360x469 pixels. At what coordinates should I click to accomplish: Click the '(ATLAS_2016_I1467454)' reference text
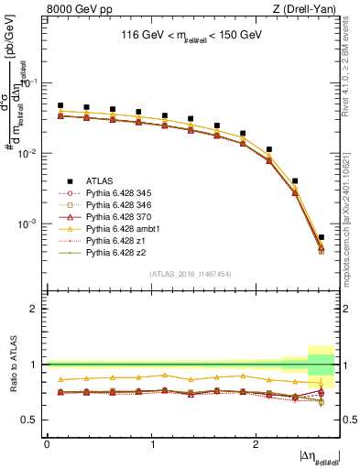tap(191, 273)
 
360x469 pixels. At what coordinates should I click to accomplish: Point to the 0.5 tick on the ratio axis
tap(34, 420)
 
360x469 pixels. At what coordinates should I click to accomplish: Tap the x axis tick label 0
tap(47, 443)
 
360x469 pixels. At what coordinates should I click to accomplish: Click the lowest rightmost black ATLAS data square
tap(321, 237)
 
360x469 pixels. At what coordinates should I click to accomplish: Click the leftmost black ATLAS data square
tap(60, 105)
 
